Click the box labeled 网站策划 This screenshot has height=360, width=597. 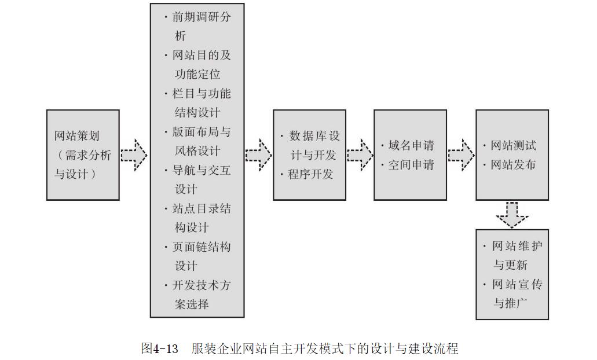click(83, 155)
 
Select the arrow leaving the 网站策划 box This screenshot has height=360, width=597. click(134, 155)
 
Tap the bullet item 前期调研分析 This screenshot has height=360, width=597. click(200, 26)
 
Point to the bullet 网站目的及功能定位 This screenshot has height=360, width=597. click(200, 65)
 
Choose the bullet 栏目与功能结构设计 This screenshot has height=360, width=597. click(200, 103)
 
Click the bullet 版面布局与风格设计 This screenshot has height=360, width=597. click(200, 141)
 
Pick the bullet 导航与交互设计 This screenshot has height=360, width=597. click(200, 179)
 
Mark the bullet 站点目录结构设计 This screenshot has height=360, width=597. click(200, 218)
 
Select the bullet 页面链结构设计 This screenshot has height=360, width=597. click(200, 256)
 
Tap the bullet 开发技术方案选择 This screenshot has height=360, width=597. click(200, 295)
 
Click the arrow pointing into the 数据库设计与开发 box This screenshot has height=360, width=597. click(258, 155)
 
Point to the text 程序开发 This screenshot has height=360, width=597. click(311, 174)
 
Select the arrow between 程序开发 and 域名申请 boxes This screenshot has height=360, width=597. click(360, 155)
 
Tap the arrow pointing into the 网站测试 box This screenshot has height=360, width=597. click(462, 155)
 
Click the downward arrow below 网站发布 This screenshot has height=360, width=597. click(512, 215)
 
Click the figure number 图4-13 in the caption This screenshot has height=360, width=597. click(159, 348)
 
